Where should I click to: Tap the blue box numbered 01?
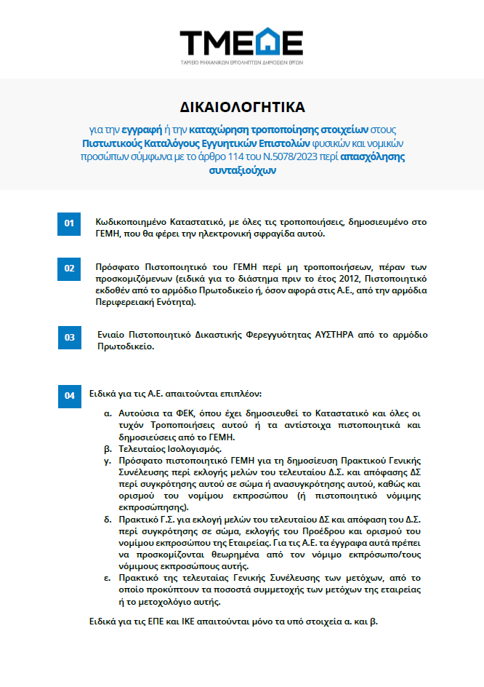[x=69, y=223]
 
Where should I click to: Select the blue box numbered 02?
[x=69, y=269]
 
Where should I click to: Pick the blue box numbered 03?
[x=69, y=338]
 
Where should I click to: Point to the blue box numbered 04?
[x=69, y=396]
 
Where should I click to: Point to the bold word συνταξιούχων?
[x=242, y=170]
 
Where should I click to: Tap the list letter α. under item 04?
[x=108, y=413]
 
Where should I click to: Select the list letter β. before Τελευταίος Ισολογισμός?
[x=108, y=449]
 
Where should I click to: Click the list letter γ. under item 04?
[x=108, y=461]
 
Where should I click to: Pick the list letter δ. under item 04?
[x=108, y=520]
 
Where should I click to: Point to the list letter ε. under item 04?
[x=108, y=579]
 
